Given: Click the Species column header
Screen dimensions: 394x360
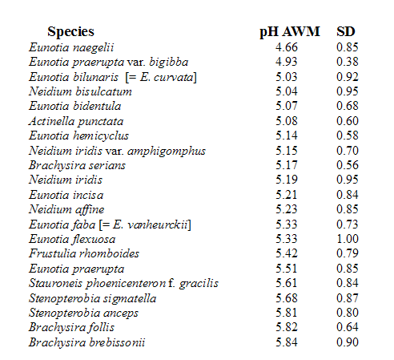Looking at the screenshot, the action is pyautogui.click(x=70, y=32).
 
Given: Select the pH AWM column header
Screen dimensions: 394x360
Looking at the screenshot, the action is pyautogui.click(x=290, y=32).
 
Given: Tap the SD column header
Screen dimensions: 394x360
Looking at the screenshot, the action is pyautogui.click(x=346, y=31).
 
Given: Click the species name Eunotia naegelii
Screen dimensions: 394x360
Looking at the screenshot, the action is pyautogui.click(x=71, y=48).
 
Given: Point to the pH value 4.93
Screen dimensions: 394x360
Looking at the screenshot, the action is pyautogui.click(x=287, y=62).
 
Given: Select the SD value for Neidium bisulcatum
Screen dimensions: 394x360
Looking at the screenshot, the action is pyautogui.click(x=348, y=91).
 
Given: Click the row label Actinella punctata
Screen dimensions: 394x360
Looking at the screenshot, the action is pyautogui.click(x=76, y=121).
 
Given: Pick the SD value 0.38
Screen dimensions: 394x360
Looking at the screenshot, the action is pyautogui.click(x=348, y=62).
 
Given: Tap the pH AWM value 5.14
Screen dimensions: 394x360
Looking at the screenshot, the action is pyautogui.click(x=287, y=136).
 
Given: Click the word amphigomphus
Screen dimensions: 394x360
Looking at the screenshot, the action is pyautogui.click(x=167, y=152).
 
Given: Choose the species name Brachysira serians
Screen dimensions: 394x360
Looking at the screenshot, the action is pyautogui.click(x=77, y=165).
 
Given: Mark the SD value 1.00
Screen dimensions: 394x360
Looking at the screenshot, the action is pyautogui.click(x=348, y=239).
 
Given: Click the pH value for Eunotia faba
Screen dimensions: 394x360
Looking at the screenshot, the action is pyautogui.click(x=287, y=224).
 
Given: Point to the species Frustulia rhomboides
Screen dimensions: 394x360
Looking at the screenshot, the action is pyautogui.click(x=84, y=253).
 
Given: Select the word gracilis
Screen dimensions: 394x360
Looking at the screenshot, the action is pyautogui.click(x=199, y=284).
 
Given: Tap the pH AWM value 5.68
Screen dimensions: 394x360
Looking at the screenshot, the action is pyautogui.click(x=287, y=298).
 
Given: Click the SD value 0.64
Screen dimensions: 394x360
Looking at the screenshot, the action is pyautogui.click(x=348, y=327).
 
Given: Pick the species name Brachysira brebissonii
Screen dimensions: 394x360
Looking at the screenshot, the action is pyautogui.click(x=86, y=342).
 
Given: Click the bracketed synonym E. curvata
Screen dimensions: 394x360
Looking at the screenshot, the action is pyautogui.click(x=167, y=77).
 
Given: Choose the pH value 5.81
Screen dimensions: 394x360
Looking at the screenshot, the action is pyautogui.click(x=287, y=313).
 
